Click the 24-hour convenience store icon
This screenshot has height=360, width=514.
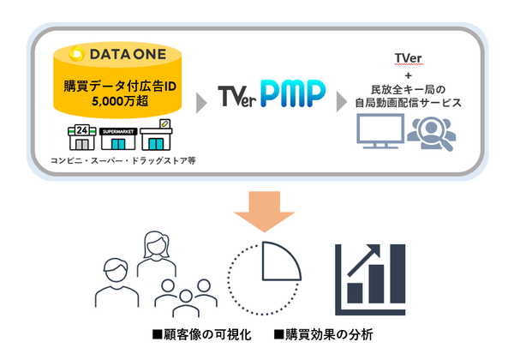pos(80,139)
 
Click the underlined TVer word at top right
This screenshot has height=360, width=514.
pos(408,57)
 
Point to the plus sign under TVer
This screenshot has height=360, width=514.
pos(408,74)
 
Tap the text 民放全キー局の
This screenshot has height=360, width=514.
pos(408,88)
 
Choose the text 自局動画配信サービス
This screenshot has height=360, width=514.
pos(408,103)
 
